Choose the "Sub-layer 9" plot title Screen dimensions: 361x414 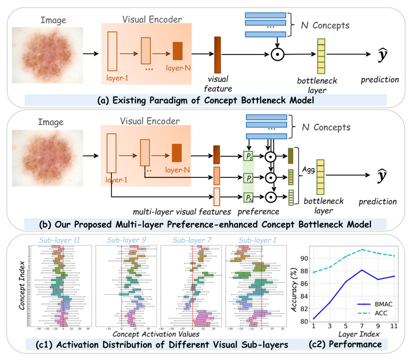tap(125, 240)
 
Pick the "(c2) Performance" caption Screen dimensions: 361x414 tap(353, 344)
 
